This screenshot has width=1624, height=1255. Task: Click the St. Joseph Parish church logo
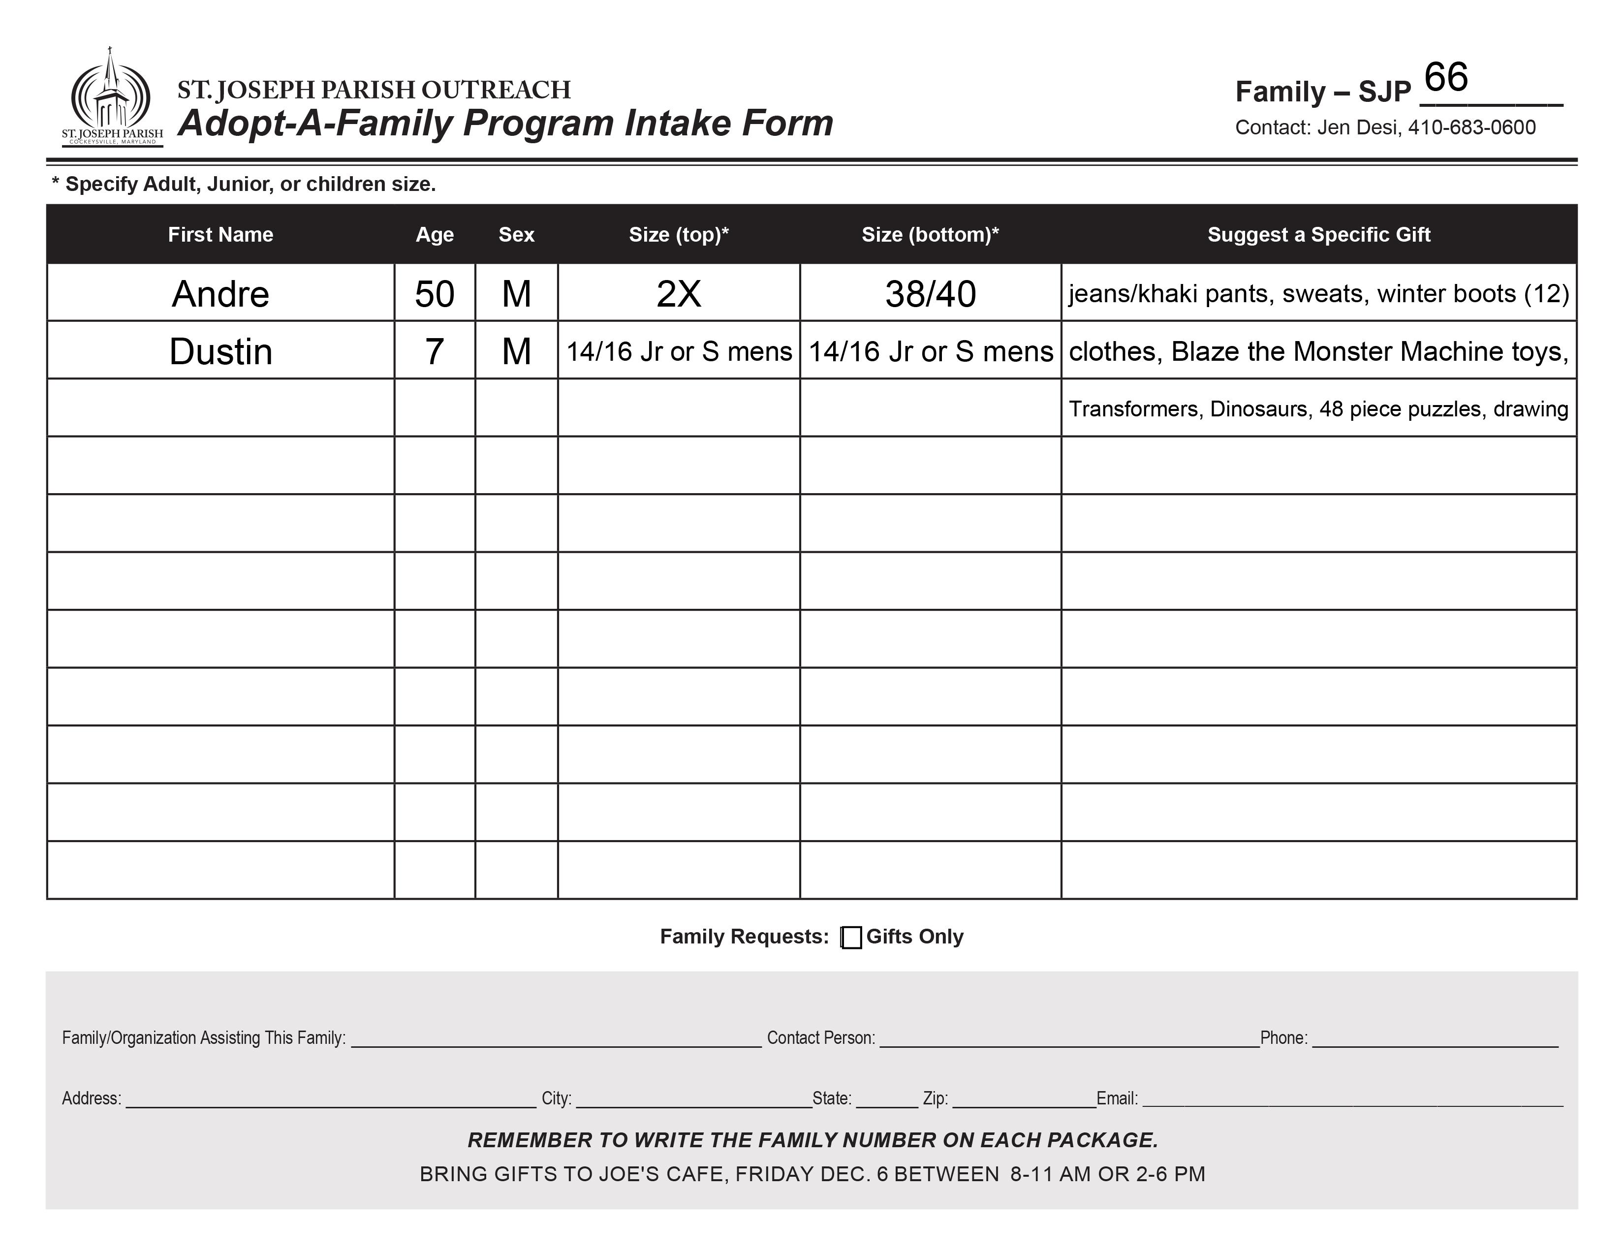coord(112,96)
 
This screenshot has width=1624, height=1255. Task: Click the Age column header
coord(434,235)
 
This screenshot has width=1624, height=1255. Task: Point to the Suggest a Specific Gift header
coord(1318,235)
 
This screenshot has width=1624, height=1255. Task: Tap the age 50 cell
coord(434,294)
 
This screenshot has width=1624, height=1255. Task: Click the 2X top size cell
coord(678,294)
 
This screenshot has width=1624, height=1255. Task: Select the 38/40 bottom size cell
coord(930,294)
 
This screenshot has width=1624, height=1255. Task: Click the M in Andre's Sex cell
coord(516,294)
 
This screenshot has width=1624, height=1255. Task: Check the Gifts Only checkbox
coord(851,938)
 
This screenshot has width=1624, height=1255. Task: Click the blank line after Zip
coord(1024,1100)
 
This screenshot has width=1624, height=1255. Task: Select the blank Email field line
coord(1352,1100)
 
